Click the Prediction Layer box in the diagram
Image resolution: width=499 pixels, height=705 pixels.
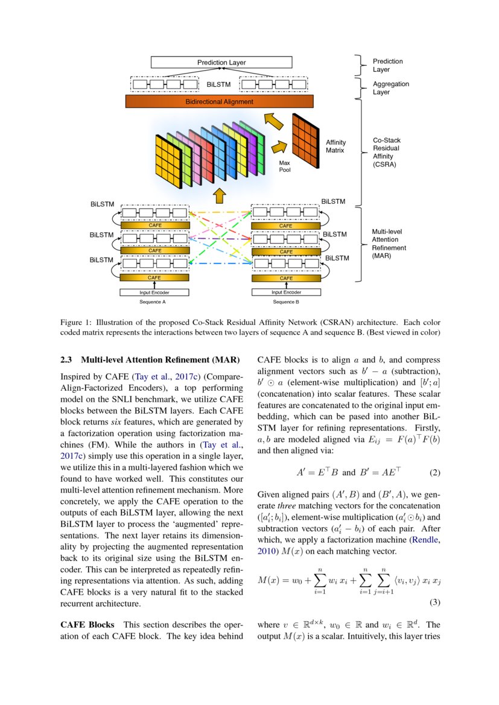click(221, 62)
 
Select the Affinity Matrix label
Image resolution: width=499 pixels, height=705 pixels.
click(335, 146)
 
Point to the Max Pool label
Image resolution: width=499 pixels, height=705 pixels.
click(285, 166)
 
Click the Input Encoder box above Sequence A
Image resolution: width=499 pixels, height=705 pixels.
click(154, 292)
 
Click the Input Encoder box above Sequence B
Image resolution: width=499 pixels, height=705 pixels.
click(286, 292)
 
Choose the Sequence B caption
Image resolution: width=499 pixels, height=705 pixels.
click(286, 302)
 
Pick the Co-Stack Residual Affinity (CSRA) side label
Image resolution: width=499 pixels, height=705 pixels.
click(386, 152)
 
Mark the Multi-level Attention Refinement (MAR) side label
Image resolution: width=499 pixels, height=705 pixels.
click(389, 244)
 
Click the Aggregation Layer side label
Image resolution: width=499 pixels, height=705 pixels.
click(390, 88)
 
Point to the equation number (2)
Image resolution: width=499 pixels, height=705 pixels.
click(434, 473)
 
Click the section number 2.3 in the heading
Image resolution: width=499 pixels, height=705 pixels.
click(66, 360)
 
